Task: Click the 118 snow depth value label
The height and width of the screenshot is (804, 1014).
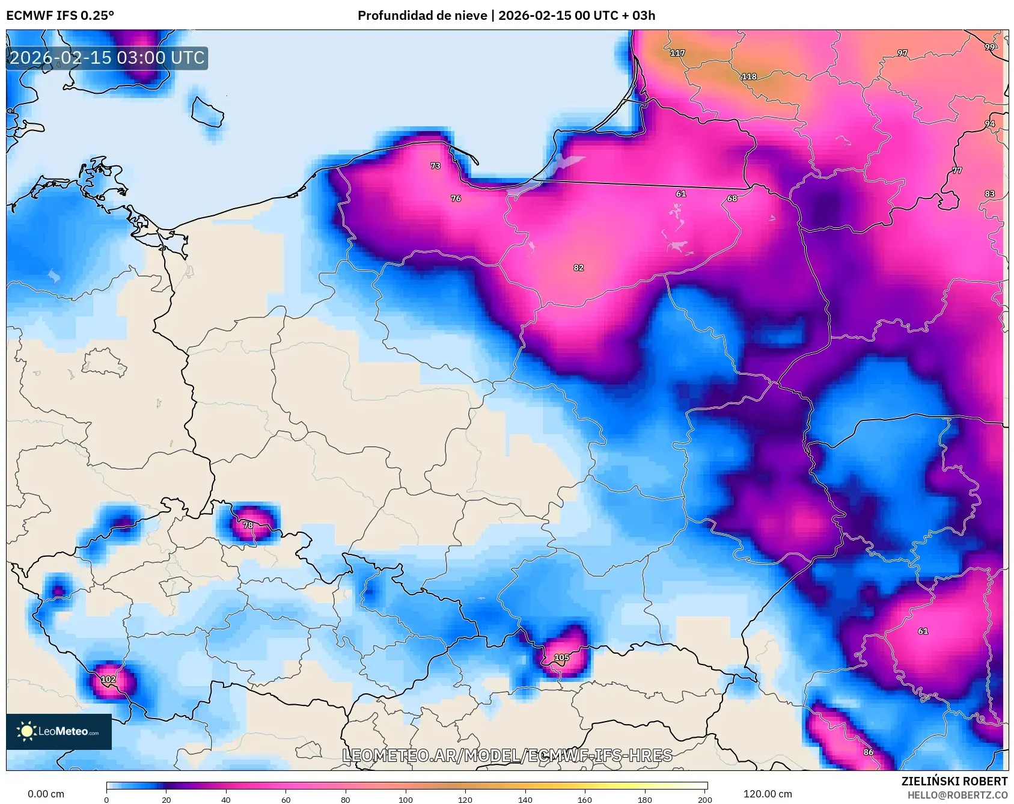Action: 749,76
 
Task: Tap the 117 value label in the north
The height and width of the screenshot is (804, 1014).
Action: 677,53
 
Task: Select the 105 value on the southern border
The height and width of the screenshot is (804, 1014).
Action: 561,657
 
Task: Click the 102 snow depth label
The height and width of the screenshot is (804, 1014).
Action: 108,679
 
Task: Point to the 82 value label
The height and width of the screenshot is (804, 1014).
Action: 578,268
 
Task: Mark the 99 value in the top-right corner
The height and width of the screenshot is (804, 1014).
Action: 989,46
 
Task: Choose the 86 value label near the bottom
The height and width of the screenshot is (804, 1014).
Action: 869,752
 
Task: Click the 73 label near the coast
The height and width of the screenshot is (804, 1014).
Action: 435,165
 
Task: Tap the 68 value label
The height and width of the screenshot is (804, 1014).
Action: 731,198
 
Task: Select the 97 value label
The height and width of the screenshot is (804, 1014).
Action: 902,53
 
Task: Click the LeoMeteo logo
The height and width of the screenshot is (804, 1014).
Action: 59,731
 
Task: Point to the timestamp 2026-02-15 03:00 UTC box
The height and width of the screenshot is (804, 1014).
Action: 107,58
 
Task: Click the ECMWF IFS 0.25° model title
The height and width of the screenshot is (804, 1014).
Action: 60,16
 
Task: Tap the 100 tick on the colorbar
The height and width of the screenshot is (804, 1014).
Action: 406,799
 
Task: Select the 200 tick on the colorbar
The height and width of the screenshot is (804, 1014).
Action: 704,799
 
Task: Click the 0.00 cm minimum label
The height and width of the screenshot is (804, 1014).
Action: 46,794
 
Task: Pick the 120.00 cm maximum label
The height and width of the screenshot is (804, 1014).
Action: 768,794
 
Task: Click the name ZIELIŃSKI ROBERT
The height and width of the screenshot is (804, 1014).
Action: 954,781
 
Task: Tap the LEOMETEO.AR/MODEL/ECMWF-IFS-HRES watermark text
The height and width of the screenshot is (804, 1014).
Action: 507,755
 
